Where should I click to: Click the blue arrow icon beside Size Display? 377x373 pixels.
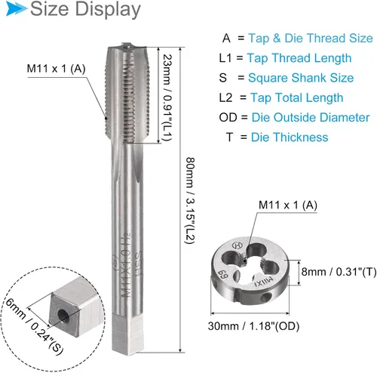click(x=17, y=9)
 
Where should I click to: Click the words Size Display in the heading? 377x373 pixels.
click(x=85, y=9)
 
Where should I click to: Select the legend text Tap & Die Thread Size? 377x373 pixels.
click(x=311, y=39)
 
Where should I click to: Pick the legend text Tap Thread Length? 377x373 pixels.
click(x=299, y=58)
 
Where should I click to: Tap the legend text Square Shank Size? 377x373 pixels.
click(x=301, y=78)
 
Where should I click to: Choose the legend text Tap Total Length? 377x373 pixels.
click(x=297, y=97)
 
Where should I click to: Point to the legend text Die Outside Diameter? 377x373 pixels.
click(x=311, y=118)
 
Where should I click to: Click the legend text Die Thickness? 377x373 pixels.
click(x=290, y=137)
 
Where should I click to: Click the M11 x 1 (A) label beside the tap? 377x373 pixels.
click(x=56, y=69)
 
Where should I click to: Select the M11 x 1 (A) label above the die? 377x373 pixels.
click(x=288, y=205)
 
